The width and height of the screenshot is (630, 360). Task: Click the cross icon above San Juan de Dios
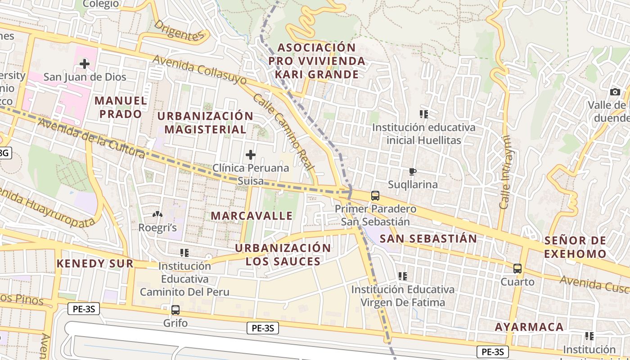(84, 64)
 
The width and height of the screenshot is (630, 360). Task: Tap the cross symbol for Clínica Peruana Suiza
(251, 155)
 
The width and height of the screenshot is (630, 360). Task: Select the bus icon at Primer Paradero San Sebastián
(375, 196)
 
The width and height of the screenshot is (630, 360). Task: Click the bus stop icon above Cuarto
(517, 269)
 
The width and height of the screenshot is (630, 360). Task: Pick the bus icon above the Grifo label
(175, 310)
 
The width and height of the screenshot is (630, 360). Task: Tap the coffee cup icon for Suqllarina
(412, 171)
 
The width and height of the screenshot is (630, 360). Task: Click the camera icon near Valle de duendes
(615, 92)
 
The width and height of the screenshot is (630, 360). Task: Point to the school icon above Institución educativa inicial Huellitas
(423, 114)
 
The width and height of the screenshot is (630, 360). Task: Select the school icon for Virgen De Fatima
(403, 276)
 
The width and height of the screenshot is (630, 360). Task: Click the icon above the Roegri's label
(157, 215)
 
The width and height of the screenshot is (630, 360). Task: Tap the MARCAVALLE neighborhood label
(252, 216)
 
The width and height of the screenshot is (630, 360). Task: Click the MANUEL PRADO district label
(121, 107)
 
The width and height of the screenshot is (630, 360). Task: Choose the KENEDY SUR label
(95, 263)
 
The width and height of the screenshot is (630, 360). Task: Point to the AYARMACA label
(529, 327)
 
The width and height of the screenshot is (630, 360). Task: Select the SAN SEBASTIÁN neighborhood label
(428, 238)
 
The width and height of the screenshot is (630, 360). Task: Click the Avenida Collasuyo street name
(199, 70)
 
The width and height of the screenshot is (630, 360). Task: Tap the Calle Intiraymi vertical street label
(505, 172)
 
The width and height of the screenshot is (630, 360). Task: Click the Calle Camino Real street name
(283, 131)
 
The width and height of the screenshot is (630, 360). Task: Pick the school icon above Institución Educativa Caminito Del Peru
(184, 253)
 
